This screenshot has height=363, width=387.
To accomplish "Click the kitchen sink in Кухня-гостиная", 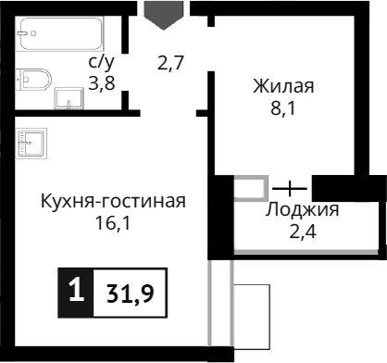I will click(x=31, y=143).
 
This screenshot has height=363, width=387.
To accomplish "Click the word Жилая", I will click(x=283, y=87).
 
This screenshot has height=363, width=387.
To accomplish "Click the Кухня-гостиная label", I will click(x=113, y=202).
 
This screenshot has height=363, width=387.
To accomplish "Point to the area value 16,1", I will click(x=113, y=223).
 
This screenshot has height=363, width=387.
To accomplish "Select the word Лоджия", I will click(x=302, y=209).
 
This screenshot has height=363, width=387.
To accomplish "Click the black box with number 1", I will click(x=75, y=293).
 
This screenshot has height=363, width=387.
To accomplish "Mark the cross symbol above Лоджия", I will click(x=290, y=188).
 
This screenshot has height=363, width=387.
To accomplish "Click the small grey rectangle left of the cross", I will click(x=250, y=188).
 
